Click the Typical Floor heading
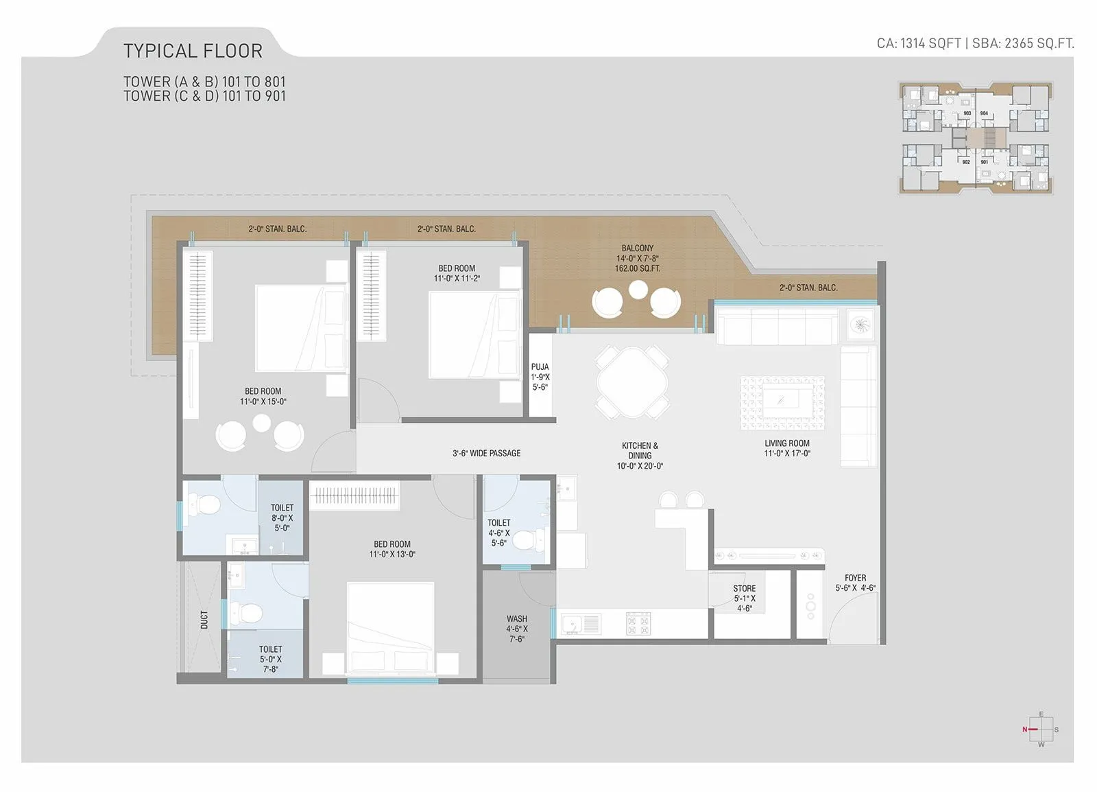pos(193,51)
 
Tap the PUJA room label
pos(540,377)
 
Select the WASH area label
pos(516,629)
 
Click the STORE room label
pos(744,598)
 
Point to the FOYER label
pos(855,583)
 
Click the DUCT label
pos(204,620)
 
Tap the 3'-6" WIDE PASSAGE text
pos(486,453)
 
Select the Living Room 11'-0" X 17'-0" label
pos(787,448)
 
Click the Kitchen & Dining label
pos(640,455)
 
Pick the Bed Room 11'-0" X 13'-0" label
pos(392,549)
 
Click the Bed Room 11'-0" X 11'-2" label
pos(457,273)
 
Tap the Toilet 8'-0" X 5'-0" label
pos(282,517)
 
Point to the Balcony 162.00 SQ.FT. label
pos(637,258)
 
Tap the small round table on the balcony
pos(638,290)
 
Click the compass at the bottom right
pos(1041,730)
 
